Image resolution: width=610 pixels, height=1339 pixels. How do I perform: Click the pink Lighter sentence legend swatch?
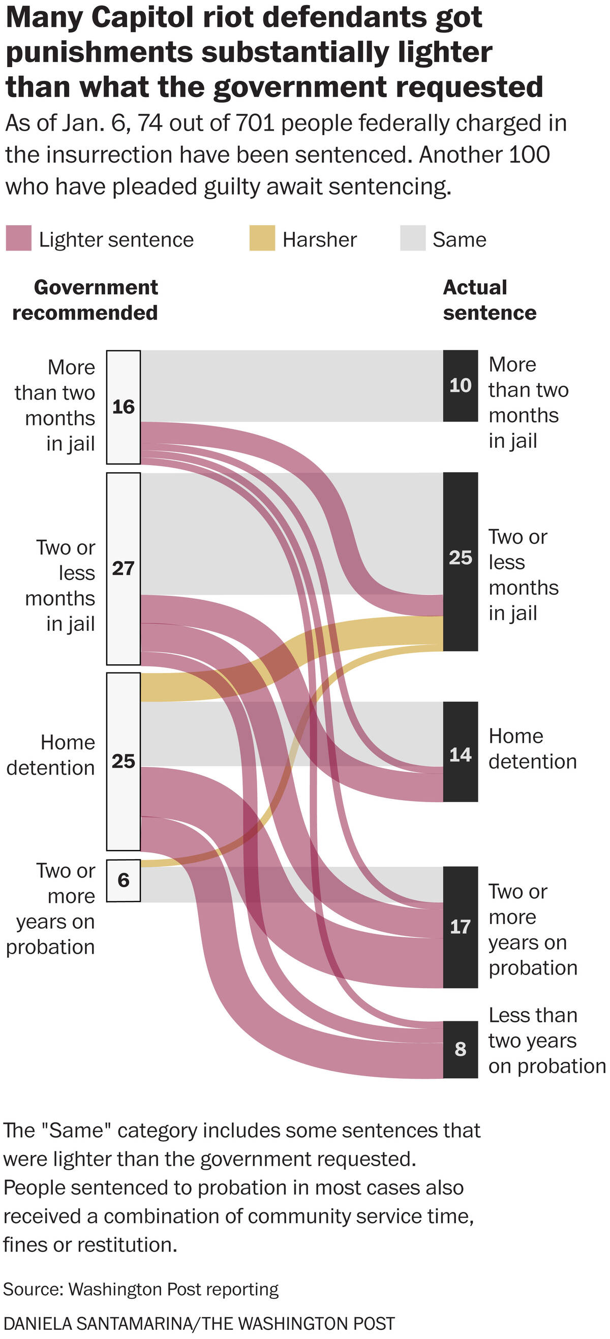click(x=18, y=238)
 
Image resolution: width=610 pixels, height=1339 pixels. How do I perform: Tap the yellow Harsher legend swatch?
click(x=262, y=238)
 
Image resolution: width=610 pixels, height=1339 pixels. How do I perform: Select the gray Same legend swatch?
click(x=413, y=238)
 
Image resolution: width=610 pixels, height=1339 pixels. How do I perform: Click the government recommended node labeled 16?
click(x=124, y=407)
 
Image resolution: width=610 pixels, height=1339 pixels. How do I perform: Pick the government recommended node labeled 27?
click(x=124, y=568)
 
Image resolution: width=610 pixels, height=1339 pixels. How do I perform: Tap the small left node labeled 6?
click(x=124, y=880)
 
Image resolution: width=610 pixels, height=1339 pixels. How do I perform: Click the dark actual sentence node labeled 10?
click(x=461, y=385)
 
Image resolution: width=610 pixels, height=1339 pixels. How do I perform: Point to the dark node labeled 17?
click(x=461, y=926)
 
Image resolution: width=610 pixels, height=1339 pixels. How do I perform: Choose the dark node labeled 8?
click(x=461, y=1049)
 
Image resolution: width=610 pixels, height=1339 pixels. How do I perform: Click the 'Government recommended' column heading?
click(x=86, y=300)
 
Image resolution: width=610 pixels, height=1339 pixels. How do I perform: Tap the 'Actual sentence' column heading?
click(x=489, y=300)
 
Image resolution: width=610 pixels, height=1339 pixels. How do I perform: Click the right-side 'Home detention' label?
click(x=532, y=748)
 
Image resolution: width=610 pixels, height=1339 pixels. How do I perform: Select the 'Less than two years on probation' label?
click(x=545, y=1041)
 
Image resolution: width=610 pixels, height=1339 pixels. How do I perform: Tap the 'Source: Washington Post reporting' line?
click(x=141, y=1289)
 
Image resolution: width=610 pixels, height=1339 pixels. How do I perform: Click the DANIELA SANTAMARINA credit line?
click(x=199, y=1323)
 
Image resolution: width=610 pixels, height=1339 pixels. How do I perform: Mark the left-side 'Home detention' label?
click(x=51, y=755)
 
